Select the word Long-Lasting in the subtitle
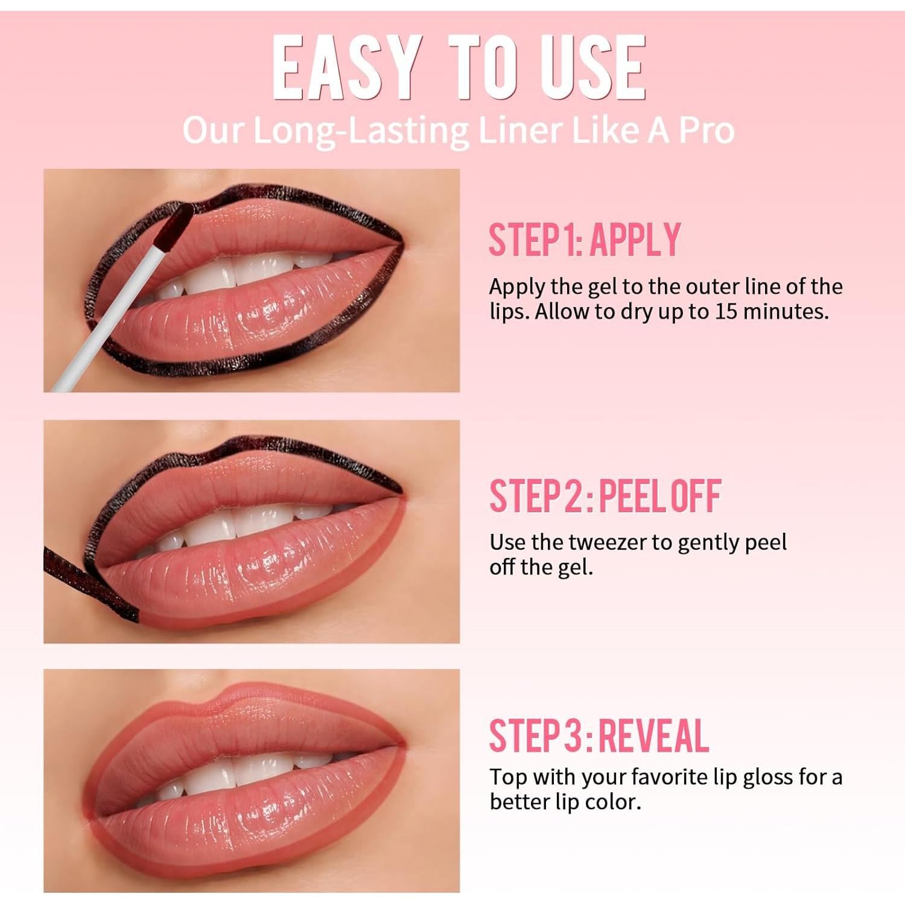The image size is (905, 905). tap(361, 130)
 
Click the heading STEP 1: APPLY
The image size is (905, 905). tap(584, 240)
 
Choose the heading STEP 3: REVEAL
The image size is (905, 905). tap(599, 736)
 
